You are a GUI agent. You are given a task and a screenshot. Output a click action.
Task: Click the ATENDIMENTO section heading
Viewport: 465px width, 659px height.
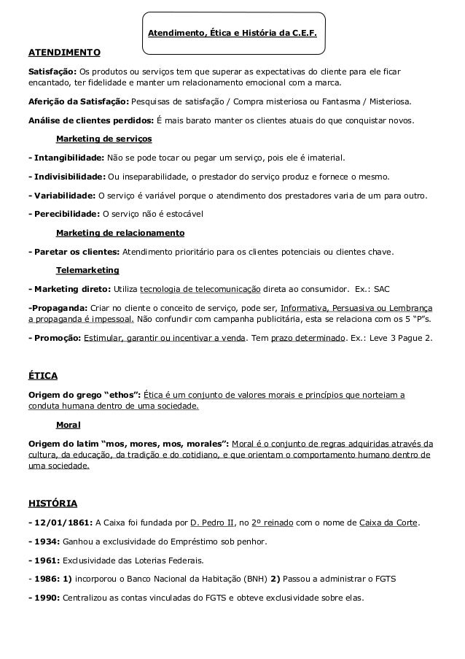coord(64,53)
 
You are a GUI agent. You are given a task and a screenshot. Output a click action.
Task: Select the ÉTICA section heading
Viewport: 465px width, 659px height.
coord(42,377)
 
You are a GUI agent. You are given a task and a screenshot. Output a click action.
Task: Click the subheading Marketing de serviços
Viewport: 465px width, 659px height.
coord(104,139)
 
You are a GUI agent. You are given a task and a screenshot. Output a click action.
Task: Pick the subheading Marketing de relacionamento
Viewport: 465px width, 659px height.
coord(120,233)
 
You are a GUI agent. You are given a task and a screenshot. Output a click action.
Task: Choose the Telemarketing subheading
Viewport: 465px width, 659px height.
coord(87,270)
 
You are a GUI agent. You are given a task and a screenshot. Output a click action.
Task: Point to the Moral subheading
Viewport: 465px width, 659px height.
coord(68,424)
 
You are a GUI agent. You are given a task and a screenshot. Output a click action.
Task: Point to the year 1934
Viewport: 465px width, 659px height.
coord(47,542)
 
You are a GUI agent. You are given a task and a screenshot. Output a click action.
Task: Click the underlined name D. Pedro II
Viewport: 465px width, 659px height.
coord(213,523)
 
